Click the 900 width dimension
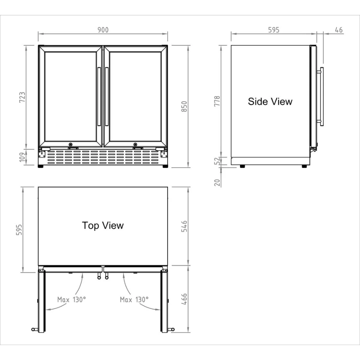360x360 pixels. click(103, 30)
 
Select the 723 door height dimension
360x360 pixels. click(22, 97)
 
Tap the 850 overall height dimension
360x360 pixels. click(184, 106)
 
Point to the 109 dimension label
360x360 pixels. click(22, 157)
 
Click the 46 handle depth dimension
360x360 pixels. click(338, 30)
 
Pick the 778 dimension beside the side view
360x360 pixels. click(217, 101)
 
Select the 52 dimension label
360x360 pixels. click(217, 161)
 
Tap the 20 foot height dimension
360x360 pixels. click(217, 183)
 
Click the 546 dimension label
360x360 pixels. click(184, 226)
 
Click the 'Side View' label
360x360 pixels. click(270, 101)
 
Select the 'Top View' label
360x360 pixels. click(103, 226)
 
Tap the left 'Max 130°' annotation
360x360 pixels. click(71, 299)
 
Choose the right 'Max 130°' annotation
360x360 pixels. click(134, 299)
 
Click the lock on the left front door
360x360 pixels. click(70, 144)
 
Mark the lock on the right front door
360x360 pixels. click(135, 144)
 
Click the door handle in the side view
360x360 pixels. click(321, 97)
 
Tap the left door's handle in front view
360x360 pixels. click(99, 97)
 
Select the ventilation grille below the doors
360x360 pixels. click(103, 157)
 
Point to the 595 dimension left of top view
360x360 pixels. click(19, 230)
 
